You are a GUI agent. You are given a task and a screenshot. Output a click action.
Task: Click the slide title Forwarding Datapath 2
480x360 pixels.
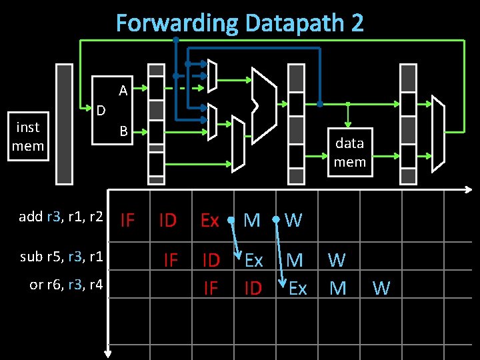tap(240, 23)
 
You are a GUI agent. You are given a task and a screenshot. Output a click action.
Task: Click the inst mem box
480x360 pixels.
tap(28, 136)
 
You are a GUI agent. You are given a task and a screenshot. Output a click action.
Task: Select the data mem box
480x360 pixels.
tap(349, 152)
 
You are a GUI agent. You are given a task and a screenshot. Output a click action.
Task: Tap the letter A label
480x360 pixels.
tap(123, 90)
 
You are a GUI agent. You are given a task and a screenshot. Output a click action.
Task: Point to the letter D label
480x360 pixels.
tap(100, 109)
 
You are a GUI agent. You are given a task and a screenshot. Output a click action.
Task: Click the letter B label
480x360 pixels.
tap(123, 131)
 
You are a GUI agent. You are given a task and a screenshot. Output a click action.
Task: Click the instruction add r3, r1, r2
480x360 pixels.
tap(61, 216)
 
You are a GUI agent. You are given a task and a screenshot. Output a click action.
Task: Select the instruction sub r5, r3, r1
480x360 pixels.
tap(61, 256)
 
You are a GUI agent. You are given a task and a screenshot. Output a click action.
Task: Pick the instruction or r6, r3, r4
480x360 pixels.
tap(66, 284)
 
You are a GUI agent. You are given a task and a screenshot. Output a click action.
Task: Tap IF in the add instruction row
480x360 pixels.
tap(127, 219)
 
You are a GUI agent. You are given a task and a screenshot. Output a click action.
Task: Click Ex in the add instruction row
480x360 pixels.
tap(210, 220)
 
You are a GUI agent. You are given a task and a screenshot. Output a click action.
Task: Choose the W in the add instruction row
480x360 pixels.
tap(293, 220)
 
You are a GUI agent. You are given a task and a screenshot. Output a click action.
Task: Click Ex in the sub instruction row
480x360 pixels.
tap(253, 260)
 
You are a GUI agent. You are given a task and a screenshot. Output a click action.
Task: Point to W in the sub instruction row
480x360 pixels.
tap(337, 259)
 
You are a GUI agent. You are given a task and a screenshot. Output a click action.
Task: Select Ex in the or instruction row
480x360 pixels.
tap(297, 288)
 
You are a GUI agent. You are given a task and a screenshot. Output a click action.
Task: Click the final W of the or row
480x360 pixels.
tap(381, 288)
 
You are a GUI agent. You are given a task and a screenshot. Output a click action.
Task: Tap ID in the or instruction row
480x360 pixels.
tap(253, 288)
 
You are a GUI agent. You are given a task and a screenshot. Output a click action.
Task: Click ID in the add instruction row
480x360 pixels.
tap(167, 220)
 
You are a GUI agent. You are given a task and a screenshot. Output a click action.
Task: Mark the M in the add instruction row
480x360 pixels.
tap(252, 220)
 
